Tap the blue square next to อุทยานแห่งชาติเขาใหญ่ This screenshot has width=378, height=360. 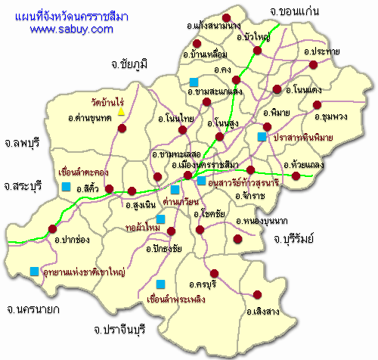[x=34, y=271]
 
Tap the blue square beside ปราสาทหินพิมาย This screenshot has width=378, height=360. [x=262, y=137]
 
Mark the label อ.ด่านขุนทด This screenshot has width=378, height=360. [x=89, y=119]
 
